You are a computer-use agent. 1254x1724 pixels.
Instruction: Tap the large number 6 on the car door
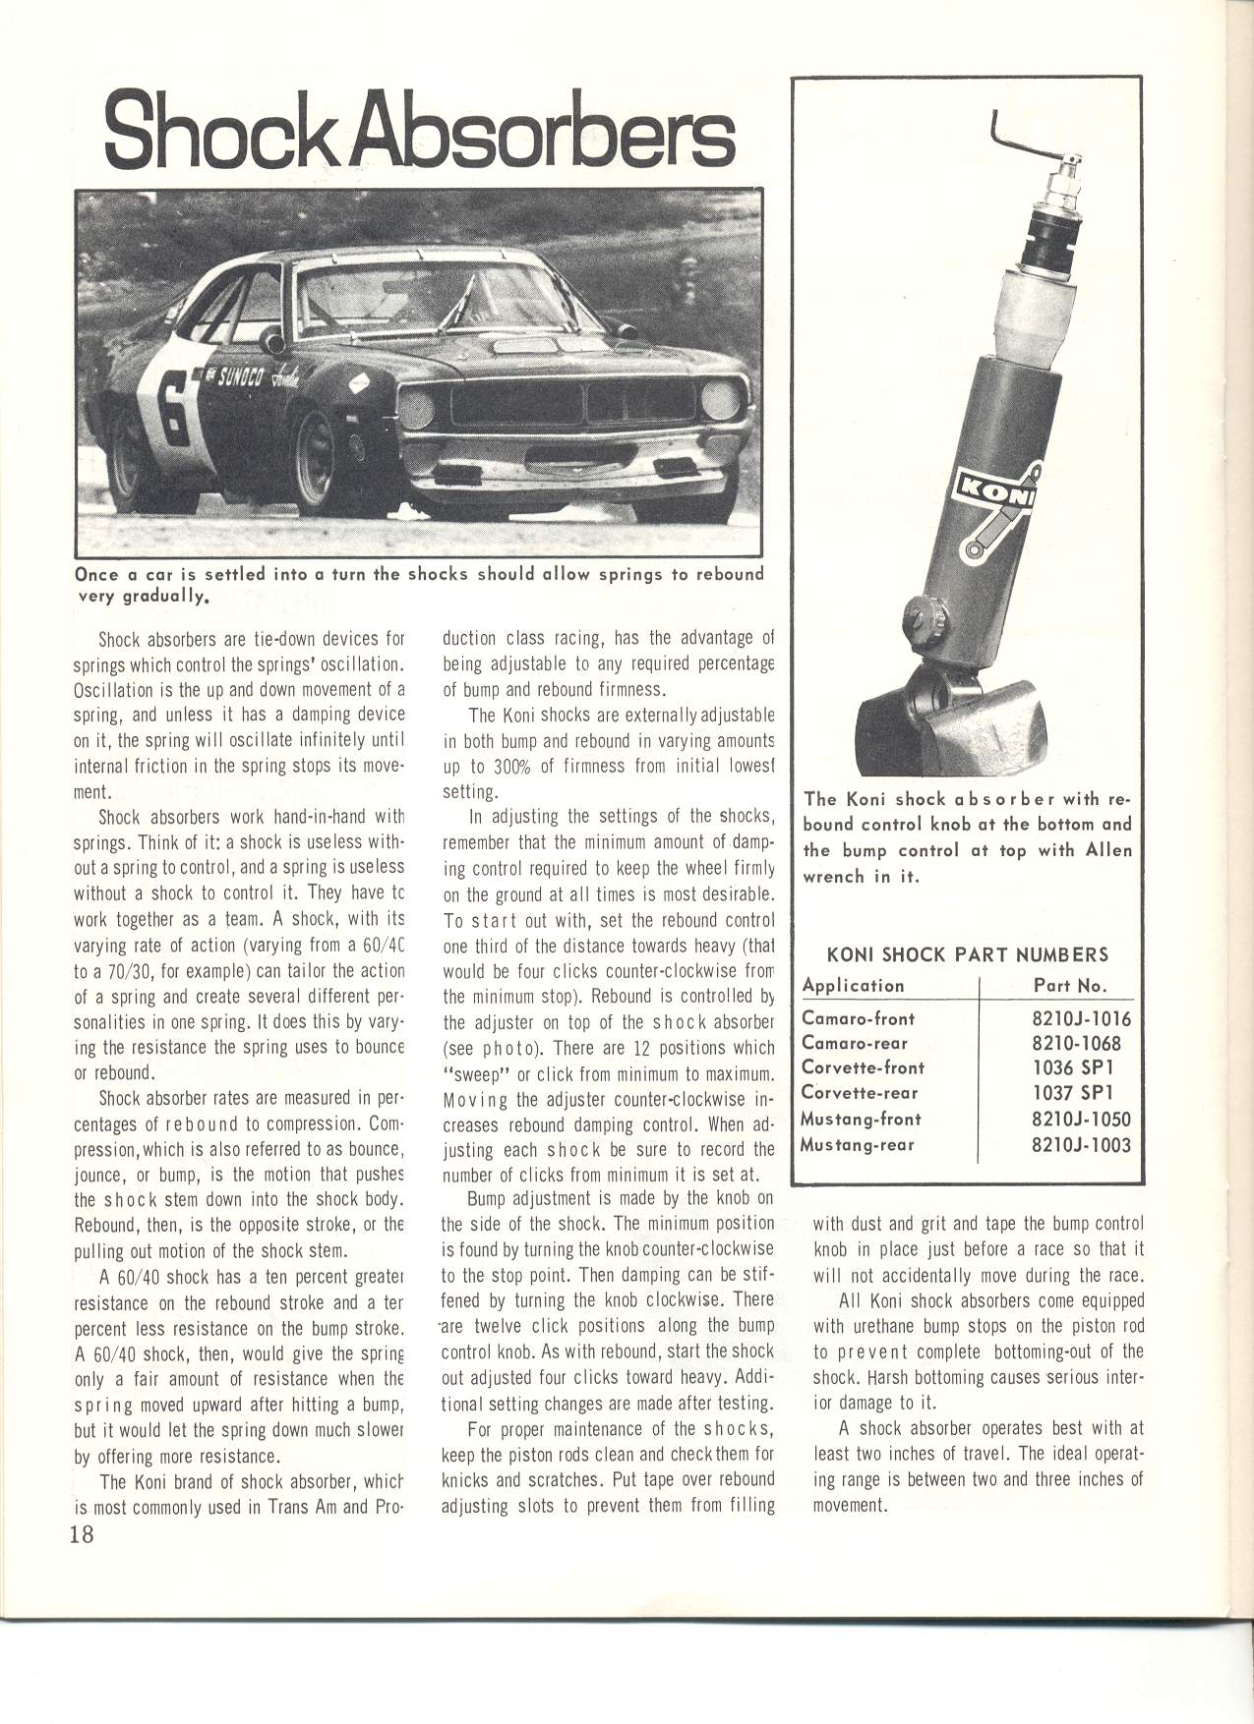[x=171, y=413]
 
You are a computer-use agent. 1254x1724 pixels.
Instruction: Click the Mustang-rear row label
[x=858, y=1144]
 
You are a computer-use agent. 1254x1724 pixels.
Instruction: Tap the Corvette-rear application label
[x=860, y=1093]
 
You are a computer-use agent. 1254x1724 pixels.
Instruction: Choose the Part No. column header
[x=1070, y=985]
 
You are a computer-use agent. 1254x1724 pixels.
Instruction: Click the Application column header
[x=853, y=985]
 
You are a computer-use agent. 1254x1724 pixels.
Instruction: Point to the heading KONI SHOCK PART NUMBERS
[x=968, y=954]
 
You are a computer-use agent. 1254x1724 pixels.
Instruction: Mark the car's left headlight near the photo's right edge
[x=721, y=401]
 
